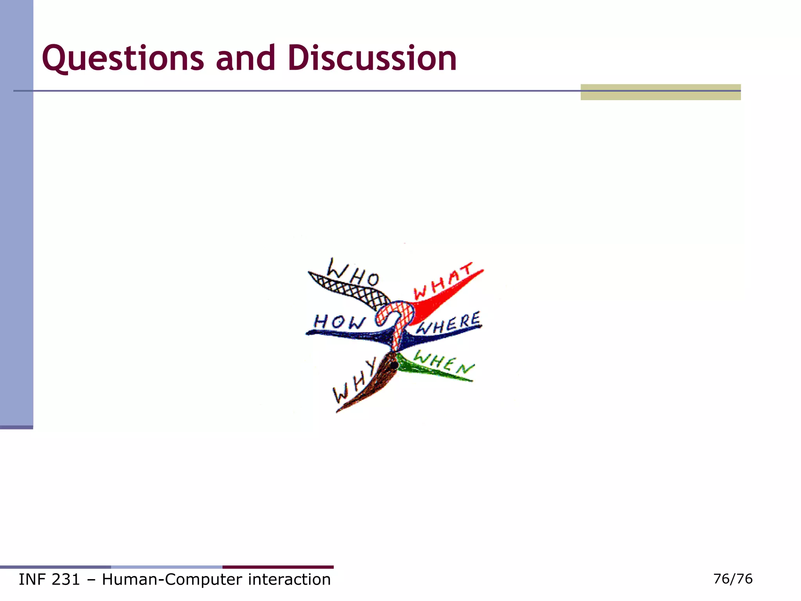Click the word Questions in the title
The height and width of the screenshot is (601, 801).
tap(123, 58)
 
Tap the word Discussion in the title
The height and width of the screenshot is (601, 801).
tap(372, 58)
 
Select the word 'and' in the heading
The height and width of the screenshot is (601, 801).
tap(245, 58)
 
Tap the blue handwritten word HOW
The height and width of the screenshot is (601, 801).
tap(339, 322)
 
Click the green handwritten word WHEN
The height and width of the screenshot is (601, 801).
tap(444, 362)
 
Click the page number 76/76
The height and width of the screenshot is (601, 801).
tap(733, 579)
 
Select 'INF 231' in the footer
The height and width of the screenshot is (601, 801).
tap(49, 579)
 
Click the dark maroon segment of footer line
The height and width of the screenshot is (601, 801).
tap(278, 567)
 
